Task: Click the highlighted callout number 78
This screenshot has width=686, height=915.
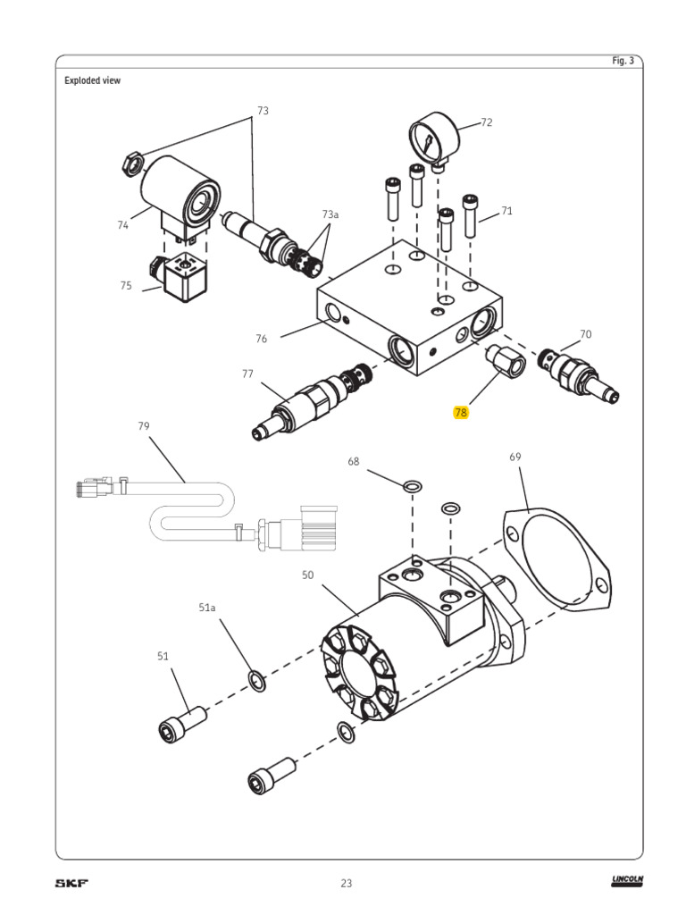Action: [x=461, y=412]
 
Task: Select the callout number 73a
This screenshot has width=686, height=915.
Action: [x=330, y=214]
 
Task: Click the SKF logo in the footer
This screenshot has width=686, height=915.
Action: [x=72, y=883]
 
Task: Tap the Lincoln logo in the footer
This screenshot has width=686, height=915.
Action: [x=627, y=882]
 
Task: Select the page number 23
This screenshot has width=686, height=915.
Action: [x=347, y=883]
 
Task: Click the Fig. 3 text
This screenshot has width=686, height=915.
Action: [x=623, y=61]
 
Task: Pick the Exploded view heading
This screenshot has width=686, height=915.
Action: [x=92, y=80]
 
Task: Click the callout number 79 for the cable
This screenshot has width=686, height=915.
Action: [x=144, y=426]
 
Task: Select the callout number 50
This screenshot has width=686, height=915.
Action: [x=307, y=575]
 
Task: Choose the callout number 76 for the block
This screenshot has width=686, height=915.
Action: [x=262, y=339]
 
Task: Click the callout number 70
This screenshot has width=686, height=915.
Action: [x=586, y=334]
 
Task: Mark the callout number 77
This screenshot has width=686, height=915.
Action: [x=247, y=374]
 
